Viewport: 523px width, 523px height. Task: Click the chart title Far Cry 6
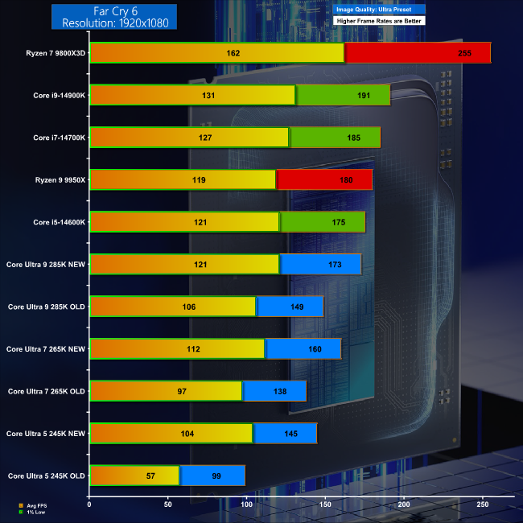[114, 10]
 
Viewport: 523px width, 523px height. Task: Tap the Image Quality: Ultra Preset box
[378, 8]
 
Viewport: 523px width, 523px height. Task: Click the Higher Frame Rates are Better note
[378, 20]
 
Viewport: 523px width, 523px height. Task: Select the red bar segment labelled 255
[417, 53]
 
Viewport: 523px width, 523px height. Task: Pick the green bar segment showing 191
[344, 95]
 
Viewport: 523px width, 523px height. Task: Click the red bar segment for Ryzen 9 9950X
[324, 179]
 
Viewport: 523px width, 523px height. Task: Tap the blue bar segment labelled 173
[320, 264]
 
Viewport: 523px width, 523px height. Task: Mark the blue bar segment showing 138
[274, 391]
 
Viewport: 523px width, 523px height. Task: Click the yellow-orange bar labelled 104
[171, 434]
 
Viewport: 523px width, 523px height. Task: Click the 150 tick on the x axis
[326, 504]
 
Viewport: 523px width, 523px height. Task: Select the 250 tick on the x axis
[483, 504]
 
